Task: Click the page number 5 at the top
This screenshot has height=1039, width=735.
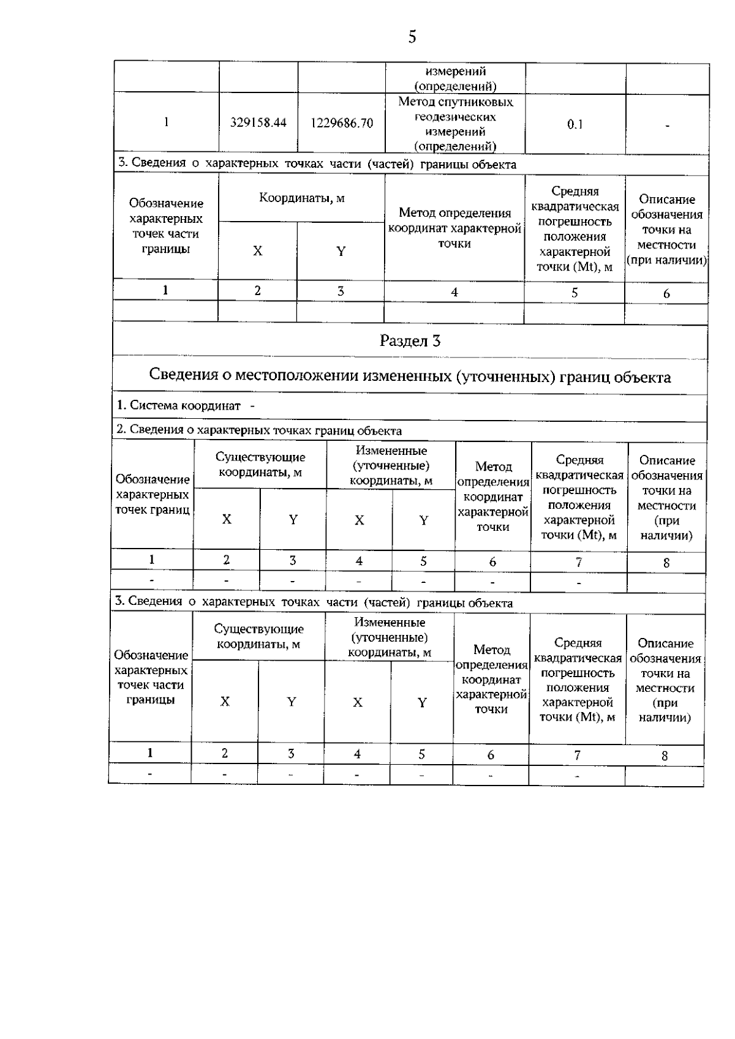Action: coord(412,37)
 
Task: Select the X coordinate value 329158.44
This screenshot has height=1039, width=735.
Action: coord(258,122)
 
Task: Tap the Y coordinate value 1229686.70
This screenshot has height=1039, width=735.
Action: coord(342,123)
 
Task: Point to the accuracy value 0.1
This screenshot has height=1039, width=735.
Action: coord(575,124)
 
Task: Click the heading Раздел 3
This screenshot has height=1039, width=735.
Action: coord(410,341)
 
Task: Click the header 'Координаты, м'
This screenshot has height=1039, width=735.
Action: coord(301,198)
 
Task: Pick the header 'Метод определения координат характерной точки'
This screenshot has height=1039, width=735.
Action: coord(454,228)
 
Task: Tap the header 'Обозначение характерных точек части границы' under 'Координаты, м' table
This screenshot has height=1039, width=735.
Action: coord(165,226)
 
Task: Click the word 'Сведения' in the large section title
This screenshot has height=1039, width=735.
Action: coord(183,376)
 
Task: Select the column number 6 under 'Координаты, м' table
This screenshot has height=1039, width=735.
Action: coord(666,294)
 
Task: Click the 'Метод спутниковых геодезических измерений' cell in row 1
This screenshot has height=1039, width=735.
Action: coord(455,124)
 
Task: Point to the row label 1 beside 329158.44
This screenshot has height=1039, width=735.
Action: coord(166,122)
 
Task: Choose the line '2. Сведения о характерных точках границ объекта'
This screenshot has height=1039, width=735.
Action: coord(259,430)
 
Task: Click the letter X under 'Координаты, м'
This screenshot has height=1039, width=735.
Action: coord(257,251)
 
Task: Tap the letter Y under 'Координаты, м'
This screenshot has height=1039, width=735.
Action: coord(341,251)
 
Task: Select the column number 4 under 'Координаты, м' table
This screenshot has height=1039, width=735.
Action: coord(454,293)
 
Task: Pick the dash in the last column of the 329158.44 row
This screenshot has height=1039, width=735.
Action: coord(667,126)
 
